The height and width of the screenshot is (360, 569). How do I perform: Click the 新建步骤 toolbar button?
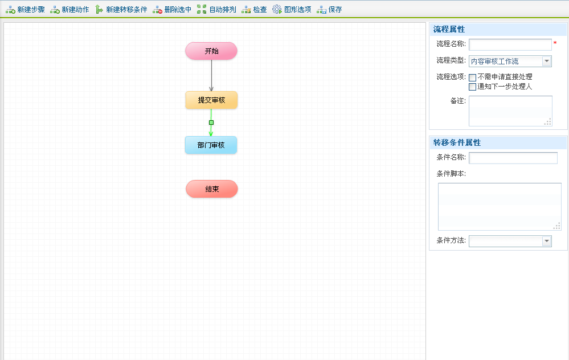[26, 10]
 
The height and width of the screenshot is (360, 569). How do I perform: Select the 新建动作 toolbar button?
[69, 10]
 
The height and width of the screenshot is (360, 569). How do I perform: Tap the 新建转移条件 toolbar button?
[121, 10]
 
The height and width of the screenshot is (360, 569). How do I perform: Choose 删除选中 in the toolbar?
[172, 10]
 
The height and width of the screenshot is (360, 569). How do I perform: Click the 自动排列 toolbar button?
[216, 10]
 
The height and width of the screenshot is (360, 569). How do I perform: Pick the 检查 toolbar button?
[254, 10]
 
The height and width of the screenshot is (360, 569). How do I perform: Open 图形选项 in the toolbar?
[292, 10]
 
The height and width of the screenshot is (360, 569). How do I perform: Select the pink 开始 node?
[211, 51]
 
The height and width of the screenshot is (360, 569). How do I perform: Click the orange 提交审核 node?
[211, 100]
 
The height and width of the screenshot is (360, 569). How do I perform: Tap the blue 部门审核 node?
[211, 145]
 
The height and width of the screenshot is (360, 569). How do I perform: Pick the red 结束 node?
[212, 189]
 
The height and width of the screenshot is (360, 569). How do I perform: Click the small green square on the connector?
[211, 122]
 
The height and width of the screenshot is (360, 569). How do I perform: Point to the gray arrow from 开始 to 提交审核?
[211, 74]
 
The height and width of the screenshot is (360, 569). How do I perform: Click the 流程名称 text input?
[510, 44]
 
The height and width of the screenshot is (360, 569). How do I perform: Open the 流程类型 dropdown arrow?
[547, 62]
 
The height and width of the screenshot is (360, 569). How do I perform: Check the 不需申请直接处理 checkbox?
[472, 77]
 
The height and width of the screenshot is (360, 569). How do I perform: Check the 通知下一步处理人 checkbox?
[472, 87]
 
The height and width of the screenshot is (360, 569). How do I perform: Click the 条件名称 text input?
[513, 158]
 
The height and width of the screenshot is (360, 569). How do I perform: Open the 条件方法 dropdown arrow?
[547, 242]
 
